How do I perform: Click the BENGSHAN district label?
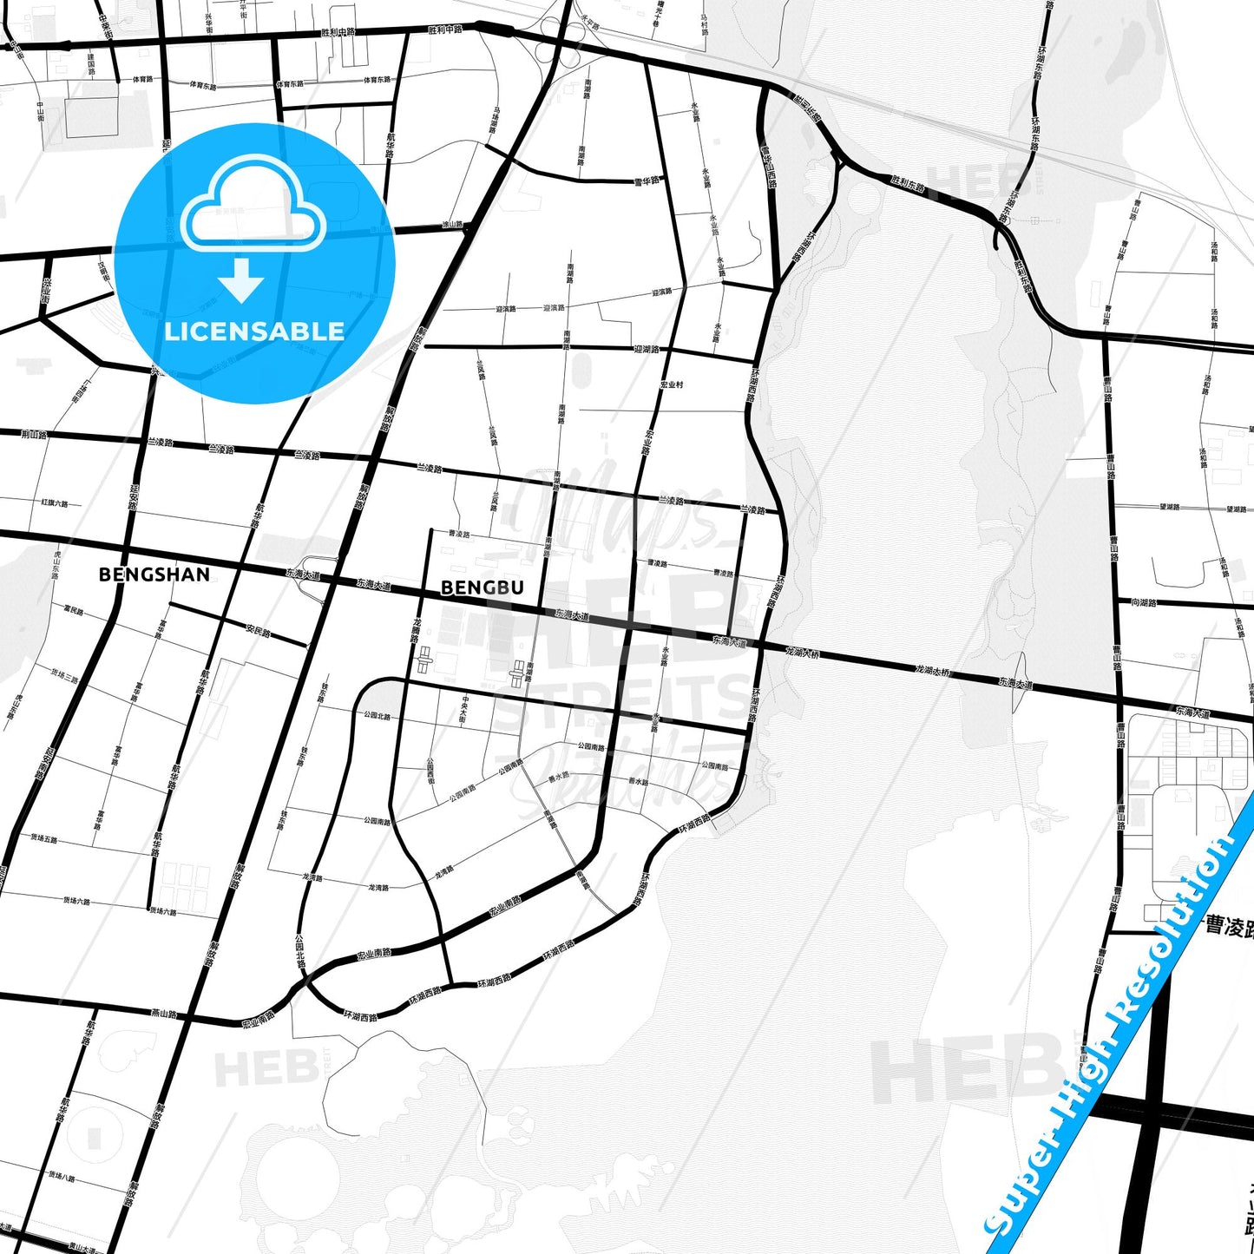[x=154, y=574]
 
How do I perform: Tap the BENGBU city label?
[x=483, y=588]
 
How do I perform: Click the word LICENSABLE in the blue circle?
[x=254, y=332]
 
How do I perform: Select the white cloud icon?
[x=253, y=205]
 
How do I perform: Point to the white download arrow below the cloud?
[x=241, y=280]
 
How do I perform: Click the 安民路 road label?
[x=259, y=630]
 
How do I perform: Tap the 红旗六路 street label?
[x=54, y=502]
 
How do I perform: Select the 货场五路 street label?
[x=43, y=838]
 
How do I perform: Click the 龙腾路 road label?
[x=417, y=630]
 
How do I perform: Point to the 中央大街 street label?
[x=465, y=710]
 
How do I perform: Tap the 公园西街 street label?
[x=430, y=771]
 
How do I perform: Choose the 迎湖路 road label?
[x=647, y=350]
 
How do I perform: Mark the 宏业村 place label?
[x=672, y=384]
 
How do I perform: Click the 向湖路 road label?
[x=1144, y=602]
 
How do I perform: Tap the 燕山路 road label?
[x=164, y=1013]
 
